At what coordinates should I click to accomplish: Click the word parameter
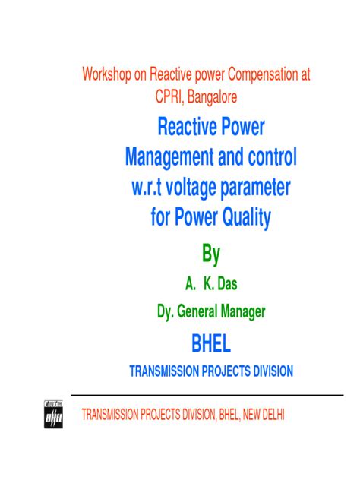pos(265,188)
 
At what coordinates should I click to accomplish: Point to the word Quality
pos(242,219)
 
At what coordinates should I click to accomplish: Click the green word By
pos(210,253)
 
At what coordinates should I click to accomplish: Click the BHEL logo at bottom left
pos(54,414)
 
